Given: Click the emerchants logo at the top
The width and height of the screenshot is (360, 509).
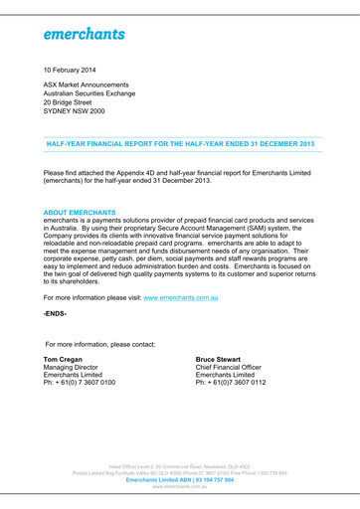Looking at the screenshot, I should [84, 34].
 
